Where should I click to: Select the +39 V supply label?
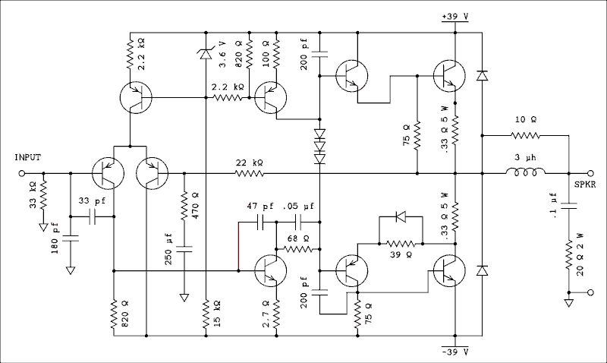(454, 16)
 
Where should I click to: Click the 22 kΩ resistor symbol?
(250, 174)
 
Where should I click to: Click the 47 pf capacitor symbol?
(262, 223)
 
